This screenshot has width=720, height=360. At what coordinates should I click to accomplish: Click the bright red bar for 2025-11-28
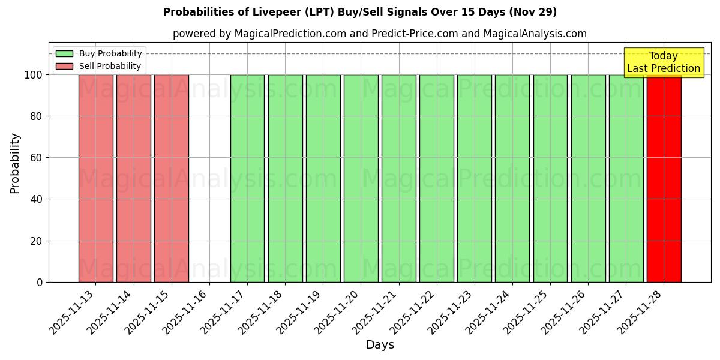point(664,180)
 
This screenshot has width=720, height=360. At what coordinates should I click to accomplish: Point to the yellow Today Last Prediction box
point(663,62)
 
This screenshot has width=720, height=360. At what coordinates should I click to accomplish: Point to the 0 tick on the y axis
point(40,282)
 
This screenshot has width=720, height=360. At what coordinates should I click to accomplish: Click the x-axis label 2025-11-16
point(187,310)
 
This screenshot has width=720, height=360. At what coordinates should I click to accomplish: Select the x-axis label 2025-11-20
point(338,310)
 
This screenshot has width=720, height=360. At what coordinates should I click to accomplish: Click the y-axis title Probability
point(15,163)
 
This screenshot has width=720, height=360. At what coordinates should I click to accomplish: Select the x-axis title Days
point(380,345)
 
